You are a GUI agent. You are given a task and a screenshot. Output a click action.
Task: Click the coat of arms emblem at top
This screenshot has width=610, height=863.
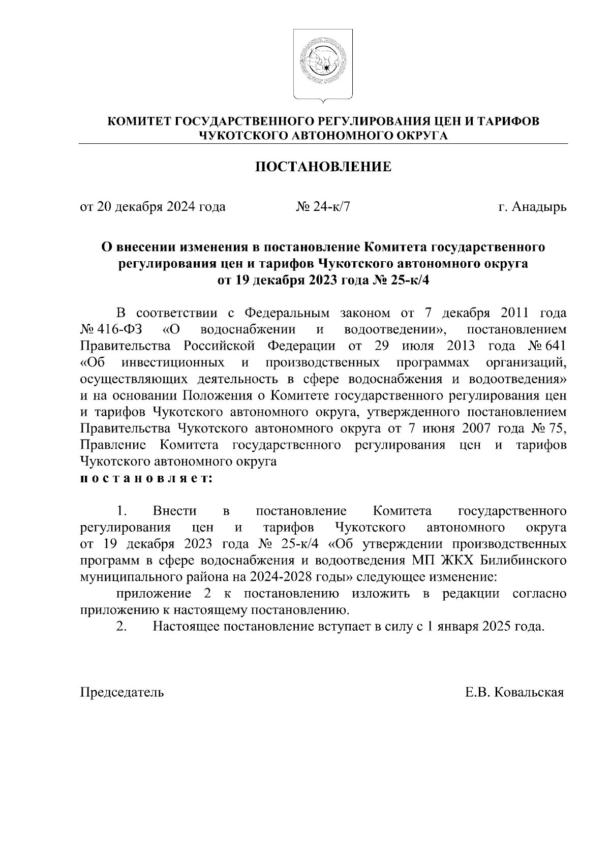point(323,65)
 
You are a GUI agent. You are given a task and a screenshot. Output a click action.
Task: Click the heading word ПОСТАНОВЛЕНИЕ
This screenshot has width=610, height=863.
point(323,167)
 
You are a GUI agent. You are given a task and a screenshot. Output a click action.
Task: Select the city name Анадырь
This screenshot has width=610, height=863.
point(539,207)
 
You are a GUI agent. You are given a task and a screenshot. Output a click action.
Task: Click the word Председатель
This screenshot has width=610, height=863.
point(123,692)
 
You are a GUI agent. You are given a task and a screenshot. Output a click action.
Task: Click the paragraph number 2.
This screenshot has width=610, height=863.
point(121,627)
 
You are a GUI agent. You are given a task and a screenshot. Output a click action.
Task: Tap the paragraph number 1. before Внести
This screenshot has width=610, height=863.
point(121,511)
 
